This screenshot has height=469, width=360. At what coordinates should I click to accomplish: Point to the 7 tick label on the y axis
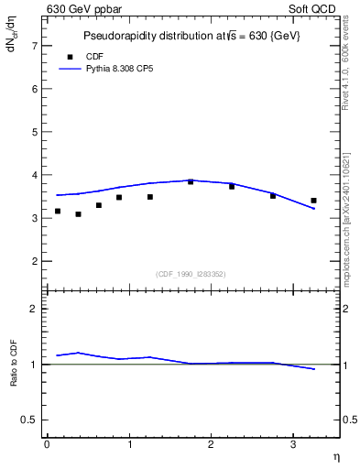[34, 45]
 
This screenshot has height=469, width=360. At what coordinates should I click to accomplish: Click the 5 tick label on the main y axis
[34, 131]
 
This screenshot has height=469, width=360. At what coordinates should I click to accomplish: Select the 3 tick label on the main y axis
[34, 218]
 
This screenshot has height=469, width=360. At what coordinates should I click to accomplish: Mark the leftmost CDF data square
[58, 211]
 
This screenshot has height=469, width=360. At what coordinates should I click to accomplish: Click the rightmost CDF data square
[313, 201]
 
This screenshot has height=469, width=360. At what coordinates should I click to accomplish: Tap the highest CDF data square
[191, 181]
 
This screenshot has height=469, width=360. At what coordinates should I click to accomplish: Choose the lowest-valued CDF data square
[78, 214]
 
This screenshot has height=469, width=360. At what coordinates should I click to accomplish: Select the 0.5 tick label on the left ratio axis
[30, 420]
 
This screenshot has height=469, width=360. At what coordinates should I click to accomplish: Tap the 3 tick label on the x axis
[292, 444]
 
